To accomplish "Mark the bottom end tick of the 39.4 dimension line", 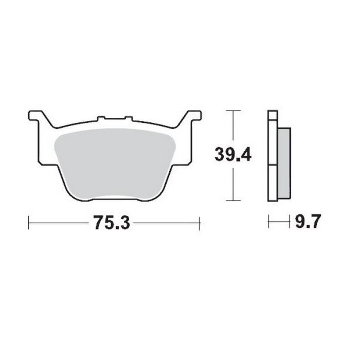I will tap(233, 201).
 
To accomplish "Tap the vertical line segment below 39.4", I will tap(233, 183).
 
